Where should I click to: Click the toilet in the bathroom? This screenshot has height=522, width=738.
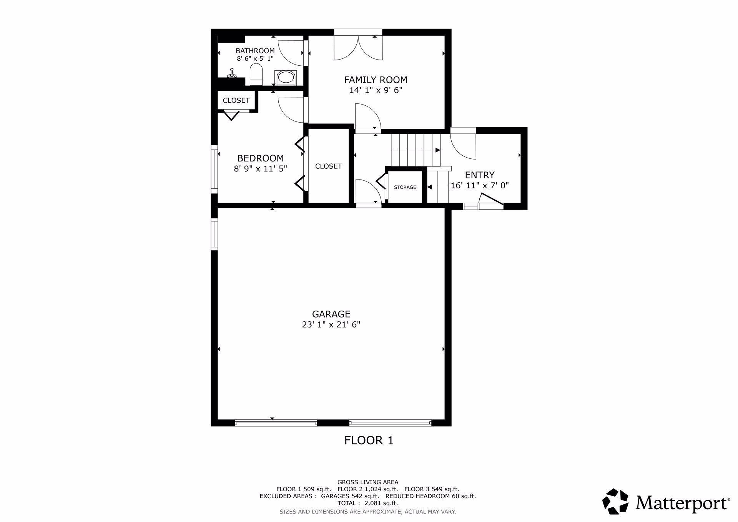tap(256, 75)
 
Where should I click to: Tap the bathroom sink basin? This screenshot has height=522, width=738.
tap(285, 78)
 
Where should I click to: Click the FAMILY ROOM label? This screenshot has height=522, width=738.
tap(376, 80)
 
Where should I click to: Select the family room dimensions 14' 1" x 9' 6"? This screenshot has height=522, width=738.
tap(376, 90)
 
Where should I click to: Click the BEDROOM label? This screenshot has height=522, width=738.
tap(260, 158)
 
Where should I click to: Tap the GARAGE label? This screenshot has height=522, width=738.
tap(331, 314)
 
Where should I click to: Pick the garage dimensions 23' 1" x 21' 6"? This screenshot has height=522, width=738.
tap(331, 325)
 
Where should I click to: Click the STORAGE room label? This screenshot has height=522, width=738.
tap(405, 187)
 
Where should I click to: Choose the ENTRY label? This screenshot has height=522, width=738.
tap(480, 175)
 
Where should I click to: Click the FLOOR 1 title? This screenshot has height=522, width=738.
tap(369, 441)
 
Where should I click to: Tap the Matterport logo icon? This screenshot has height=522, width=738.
tap(615, 501)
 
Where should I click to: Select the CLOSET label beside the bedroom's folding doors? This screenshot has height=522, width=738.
tap(328, 166)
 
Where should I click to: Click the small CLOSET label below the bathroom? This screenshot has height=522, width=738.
tap(236, 100)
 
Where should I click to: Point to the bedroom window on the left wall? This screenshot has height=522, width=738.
tap(214, 169)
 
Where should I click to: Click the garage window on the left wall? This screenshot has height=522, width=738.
tap(214, 235)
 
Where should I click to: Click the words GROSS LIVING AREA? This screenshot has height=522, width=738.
tap(368, 482)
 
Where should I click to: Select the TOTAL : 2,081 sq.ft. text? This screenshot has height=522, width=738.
tap(367, 503)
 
